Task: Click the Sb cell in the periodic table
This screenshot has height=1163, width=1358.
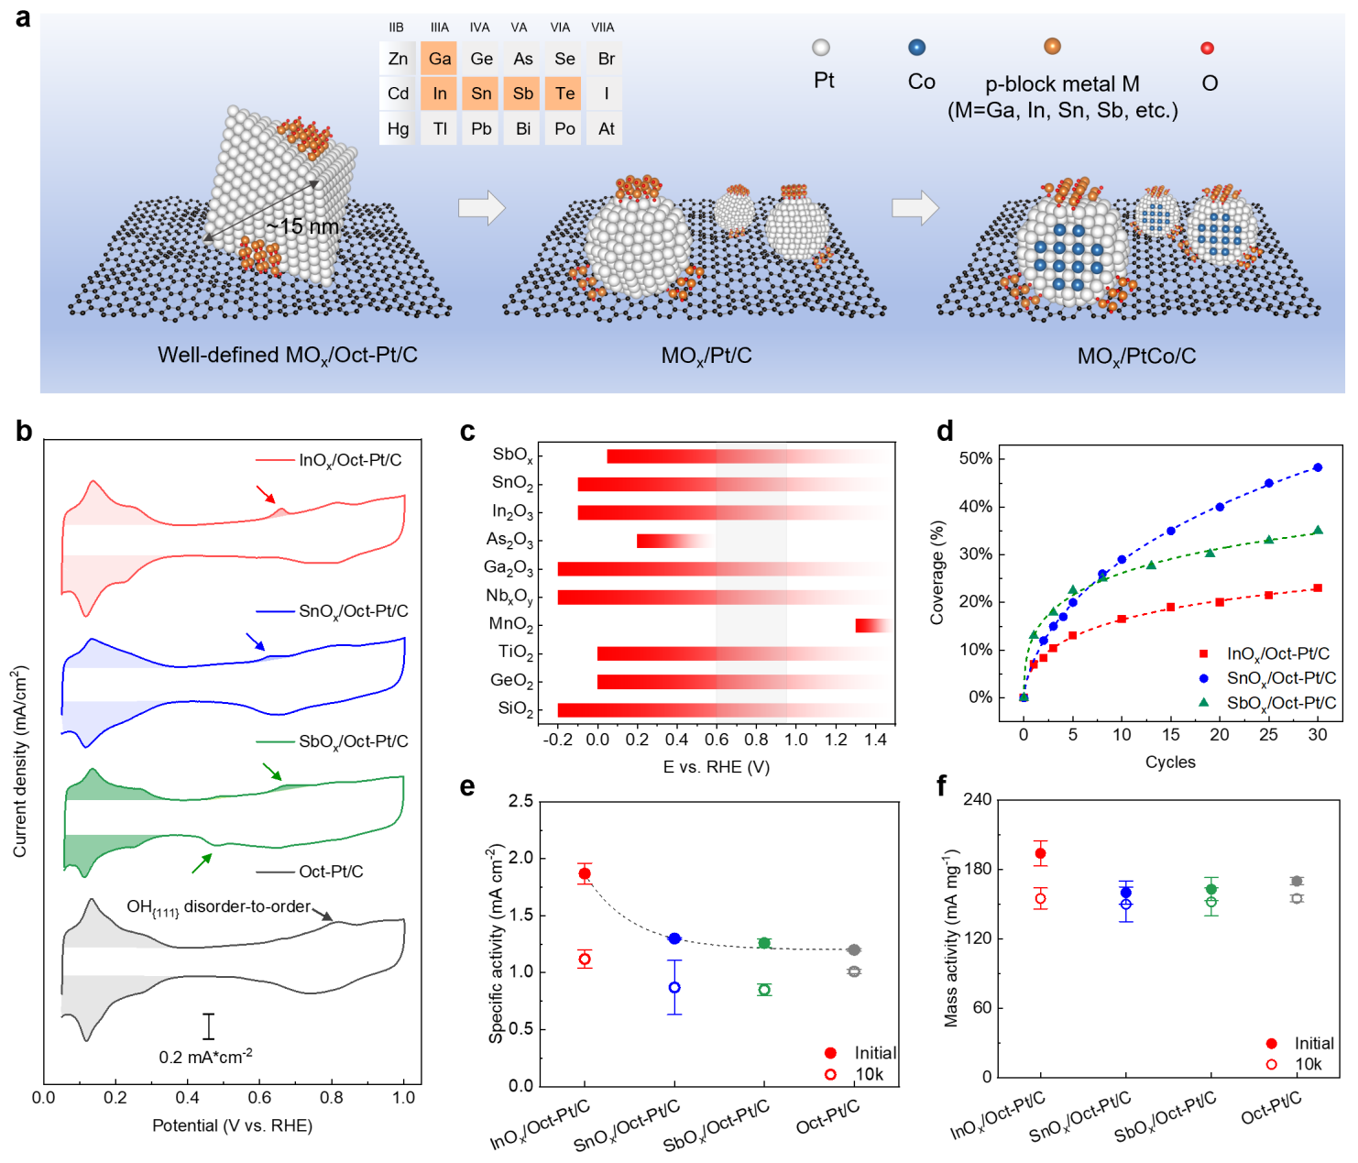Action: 522,93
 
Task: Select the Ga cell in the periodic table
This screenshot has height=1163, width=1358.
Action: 440,59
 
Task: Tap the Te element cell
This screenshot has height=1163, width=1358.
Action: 564,93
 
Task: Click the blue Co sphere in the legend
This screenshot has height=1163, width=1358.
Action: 916,48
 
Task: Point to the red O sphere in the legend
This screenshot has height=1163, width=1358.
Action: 1207,49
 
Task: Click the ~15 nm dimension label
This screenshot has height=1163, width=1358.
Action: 302,226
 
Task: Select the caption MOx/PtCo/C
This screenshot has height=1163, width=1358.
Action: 1136,357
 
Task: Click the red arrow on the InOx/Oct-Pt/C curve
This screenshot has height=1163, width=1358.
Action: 265,495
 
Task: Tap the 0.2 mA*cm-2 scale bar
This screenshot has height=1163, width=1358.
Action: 209,1026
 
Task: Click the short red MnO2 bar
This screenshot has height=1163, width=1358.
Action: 871,625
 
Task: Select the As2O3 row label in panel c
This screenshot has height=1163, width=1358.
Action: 509,541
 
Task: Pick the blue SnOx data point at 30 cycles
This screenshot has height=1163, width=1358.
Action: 1318,467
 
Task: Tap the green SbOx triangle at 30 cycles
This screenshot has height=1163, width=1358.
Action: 1318,531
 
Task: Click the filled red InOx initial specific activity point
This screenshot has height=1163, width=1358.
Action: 585,873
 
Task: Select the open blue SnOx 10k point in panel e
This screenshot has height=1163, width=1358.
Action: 674,987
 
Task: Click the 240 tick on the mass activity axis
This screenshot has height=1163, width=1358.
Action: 977,800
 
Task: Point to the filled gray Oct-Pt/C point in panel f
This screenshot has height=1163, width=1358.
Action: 1297,881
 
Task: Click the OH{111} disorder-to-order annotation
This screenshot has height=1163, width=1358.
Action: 219,907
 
